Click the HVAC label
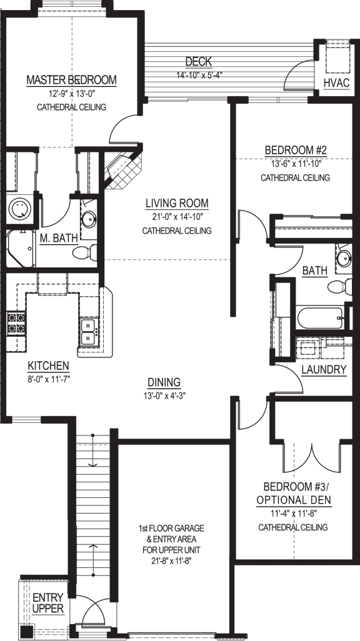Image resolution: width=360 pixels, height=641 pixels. pyautogui.click(x=336, y=83)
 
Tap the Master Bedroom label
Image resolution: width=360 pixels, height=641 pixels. pyautogui.click(x=71, y=80)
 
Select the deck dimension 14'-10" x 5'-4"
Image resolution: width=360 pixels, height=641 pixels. pyautogui.click(x=199, y=76)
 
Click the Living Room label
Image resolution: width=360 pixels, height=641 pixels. pyautogui.click(x=177, y=203)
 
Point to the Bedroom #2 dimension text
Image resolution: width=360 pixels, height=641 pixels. pyautogui.click(x=295, y=164)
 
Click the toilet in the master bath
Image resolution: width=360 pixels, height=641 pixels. pyautogui.click(x=82, y=252)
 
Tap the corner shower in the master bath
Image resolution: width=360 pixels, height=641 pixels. pyautogui.click(x=19, y=247)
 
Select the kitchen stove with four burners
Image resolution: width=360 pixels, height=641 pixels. pyautogui.click(x=16, y=323)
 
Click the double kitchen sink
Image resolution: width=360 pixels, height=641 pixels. pyautogui.click(x=87, y=330)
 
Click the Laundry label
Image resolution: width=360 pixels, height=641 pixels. pyautogui.click(x=324, y=369)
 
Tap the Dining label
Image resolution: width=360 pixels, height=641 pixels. pyautogui.click(x=164, y=382)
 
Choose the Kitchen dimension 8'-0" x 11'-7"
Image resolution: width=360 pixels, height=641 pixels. pyautogui.click(x=48, y=379)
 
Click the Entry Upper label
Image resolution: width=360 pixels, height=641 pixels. pyautogui.click(x=48, y=603)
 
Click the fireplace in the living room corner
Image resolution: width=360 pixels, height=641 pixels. pyautogui.click(x=122, y=169)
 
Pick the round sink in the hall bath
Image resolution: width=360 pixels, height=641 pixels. pyautogui.click(x=343, y=257)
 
